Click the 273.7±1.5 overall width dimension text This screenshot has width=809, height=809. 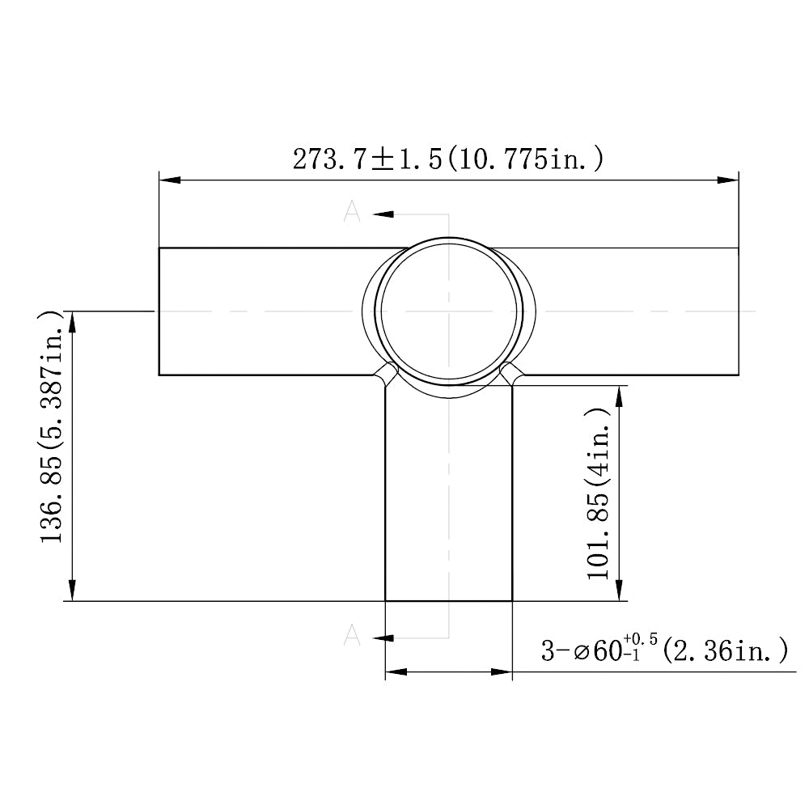point(447,159)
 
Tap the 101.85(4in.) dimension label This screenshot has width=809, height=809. point(599,493)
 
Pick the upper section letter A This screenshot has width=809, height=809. point(352,213)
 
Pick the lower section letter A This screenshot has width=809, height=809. point(352,637)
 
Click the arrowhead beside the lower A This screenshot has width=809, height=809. point(383,638)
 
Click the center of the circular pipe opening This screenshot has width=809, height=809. point(449,311)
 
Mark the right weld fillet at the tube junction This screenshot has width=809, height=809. point(510,374)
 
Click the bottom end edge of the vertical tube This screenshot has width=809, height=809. point(449,601)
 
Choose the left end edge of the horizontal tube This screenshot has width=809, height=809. point(159,311)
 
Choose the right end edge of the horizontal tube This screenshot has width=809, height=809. point(739,311)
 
